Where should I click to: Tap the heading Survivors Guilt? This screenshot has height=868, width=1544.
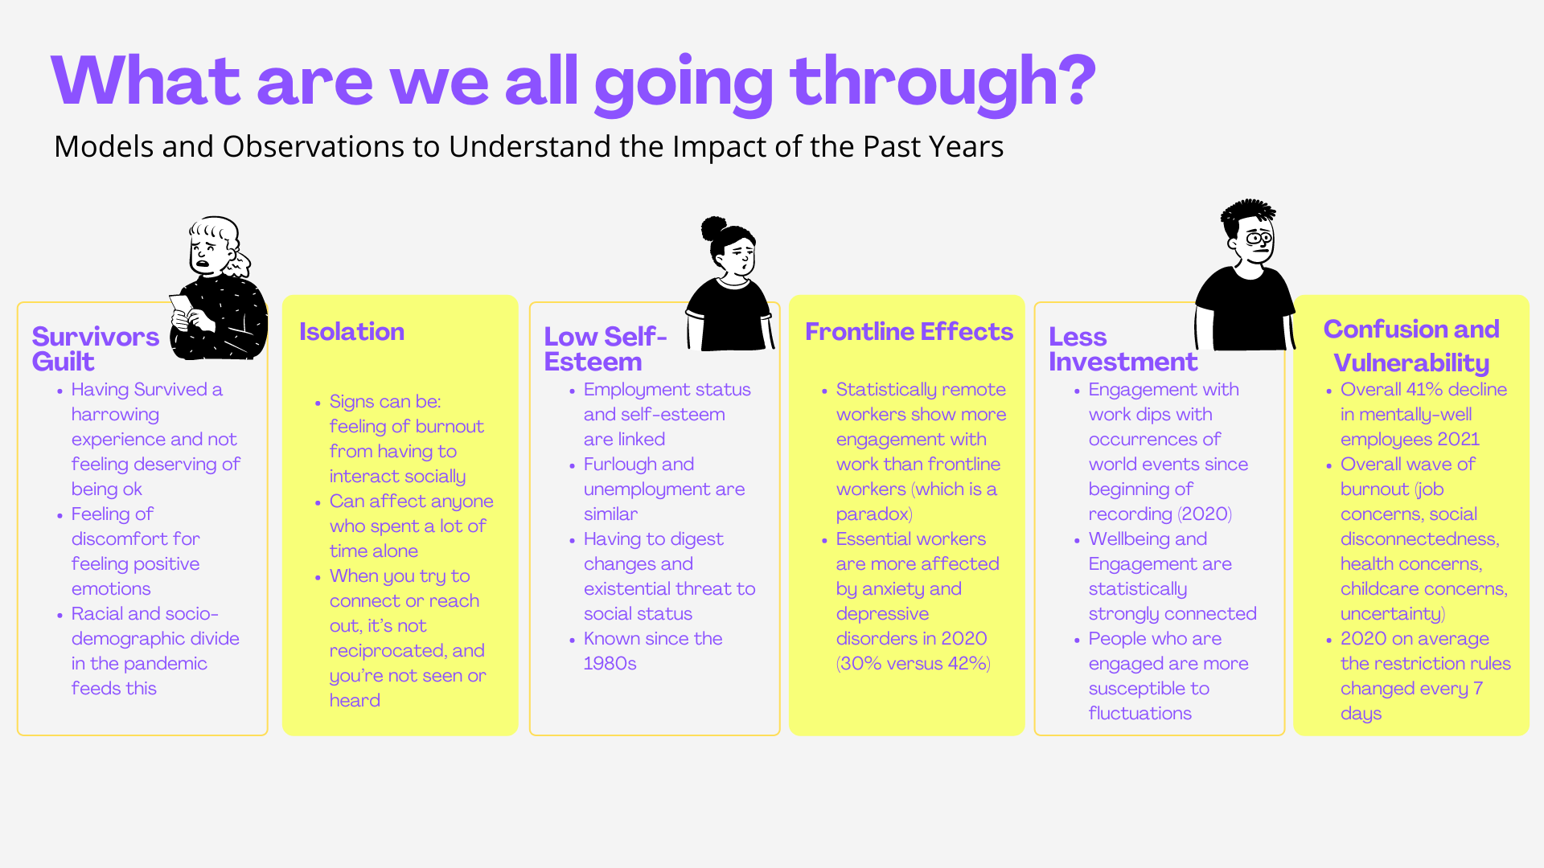(x=95, y=349)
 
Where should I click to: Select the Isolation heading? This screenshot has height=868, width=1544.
(x=351, y=332)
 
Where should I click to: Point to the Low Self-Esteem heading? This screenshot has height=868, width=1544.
(x=606, y=349)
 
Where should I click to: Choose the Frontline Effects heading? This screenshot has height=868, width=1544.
(x=909, y=332)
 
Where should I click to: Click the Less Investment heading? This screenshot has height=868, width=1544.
(x=1123, y=349)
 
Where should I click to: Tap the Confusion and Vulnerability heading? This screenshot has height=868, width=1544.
(x=1411, y=346)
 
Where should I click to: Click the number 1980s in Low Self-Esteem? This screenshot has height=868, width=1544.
(x=610, y=664)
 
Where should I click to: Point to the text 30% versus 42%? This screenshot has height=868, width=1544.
(x=914, y=664)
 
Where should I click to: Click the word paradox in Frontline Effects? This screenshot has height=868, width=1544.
(x=873, y=514)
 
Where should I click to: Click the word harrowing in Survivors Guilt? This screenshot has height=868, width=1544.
(x=115, y=416)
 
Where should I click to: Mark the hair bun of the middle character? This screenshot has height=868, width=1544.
(x=713, y=228)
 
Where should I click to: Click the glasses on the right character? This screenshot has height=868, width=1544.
(x=1259, y=239)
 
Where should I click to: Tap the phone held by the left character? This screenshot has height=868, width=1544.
(x=180, y=305)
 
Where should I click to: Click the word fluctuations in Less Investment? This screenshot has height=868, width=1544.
(x=1140, y=714)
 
